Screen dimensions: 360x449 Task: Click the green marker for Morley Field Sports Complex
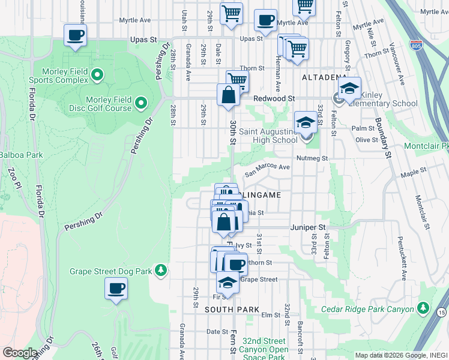coord(97,75)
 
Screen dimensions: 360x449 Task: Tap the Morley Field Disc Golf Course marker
coord(141,103)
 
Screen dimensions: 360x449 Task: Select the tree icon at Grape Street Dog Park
coord(160,271)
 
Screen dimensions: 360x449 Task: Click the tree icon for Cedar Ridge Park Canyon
coord(423,308)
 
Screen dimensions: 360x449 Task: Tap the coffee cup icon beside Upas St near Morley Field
coord(75,35)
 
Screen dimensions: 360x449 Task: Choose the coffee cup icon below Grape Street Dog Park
coord(116,289)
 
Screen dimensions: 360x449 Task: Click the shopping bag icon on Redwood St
coord(228,95)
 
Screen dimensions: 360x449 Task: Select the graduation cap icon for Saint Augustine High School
coord(306,123)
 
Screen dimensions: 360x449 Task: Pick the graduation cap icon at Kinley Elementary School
coord(349,89)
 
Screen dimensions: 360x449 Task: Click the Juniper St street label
coord(307,228)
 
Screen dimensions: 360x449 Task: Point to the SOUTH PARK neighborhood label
coord(232,310)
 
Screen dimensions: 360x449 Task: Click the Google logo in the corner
coord(20,353)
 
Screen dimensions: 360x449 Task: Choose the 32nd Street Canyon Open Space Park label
coord(264,349)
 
